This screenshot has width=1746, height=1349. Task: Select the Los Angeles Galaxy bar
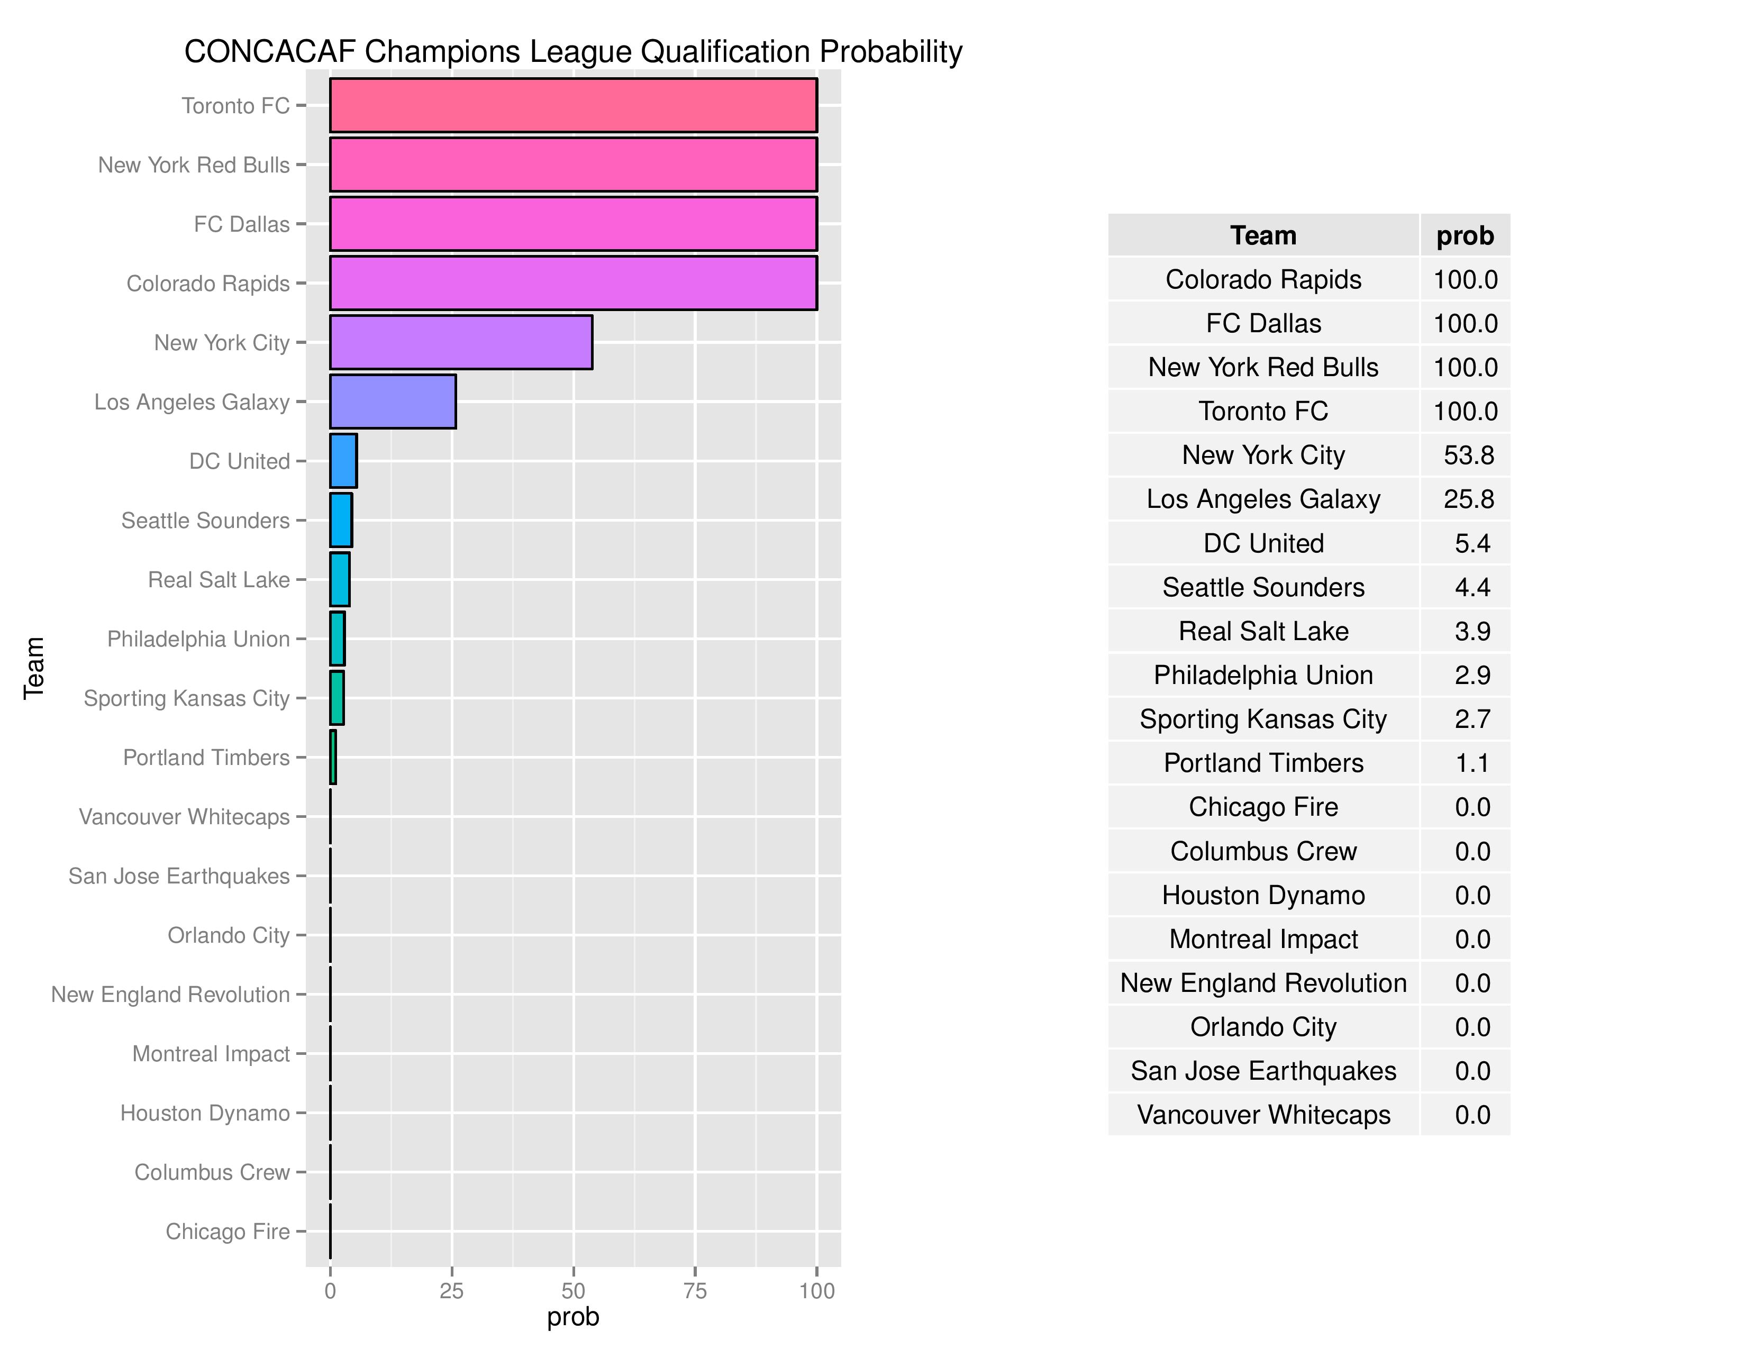393,401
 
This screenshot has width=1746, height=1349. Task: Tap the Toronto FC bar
573,105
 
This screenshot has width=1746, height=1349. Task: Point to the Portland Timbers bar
333,757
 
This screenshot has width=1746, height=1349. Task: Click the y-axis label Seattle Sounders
205,520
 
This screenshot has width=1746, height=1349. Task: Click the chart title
573,51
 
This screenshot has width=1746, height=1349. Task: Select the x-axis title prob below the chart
572,1317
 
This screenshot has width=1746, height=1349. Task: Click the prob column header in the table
1465,236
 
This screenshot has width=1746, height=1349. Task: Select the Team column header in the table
1263,236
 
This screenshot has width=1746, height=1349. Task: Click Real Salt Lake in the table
1263,631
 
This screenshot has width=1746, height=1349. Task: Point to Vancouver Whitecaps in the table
1263,1115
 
